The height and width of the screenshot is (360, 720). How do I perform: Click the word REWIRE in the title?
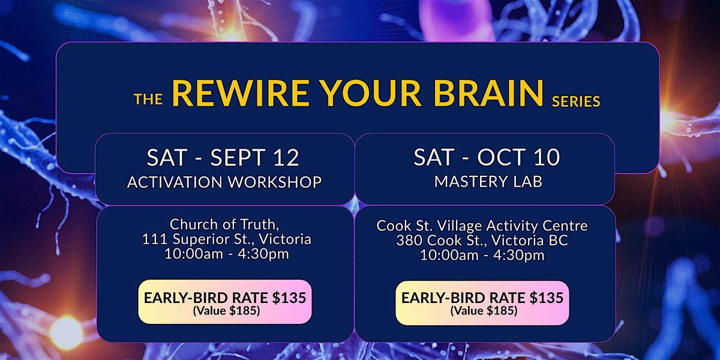click(241, 93)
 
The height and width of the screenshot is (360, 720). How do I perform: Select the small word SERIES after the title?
click(576, 102)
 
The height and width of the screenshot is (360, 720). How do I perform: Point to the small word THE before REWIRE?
click(148, 100)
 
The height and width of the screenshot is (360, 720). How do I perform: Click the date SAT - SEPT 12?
click(223, 157)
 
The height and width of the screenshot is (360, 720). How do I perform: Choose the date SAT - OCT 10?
click(487, 157)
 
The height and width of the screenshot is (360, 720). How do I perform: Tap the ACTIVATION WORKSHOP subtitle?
click(224, 182)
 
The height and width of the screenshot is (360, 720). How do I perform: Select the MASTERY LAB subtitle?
click(488, 181)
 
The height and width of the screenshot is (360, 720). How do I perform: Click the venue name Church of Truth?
click(224, 224)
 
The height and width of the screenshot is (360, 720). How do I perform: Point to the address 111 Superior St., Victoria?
click(227, 239)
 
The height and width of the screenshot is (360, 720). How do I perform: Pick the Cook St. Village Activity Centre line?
click(482, 226)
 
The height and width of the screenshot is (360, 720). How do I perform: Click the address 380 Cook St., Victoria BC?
click(482, 241)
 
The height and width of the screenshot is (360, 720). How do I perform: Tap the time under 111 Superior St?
click(227, 254)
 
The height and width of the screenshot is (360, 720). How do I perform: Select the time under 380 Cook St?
click(482, 255)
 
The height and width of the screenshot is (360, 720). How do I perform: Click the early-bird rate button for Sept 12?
click(225, 301)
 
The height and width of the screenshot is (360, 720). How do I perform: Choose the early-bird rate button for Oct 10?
click(482, 303)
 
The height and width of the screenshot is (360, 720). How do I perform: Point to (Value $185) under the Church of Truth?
click(226, 311)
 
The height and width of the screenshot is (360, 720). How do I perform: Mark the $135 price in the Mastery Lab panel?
click(547, 298)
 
